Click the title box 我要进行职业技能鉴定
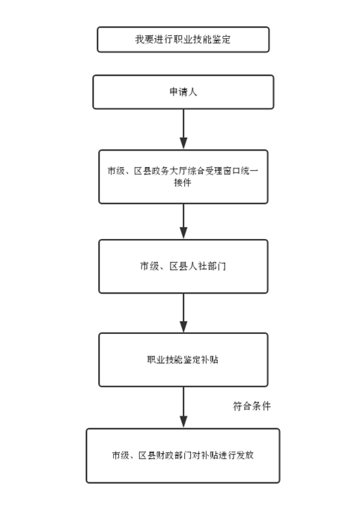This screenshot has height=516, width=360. pos(183,40)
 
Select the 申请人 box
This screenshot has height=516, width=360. pos(183,92)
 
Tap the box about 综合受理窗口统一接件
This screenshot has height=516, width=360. pos(183,177)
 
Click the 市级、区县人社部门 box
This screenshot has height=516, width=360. pos(183,266)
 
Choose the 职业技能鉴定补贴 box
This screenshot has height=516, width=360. pos(183,359)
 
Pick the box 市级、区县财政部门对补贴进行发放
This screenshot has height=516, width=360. pos(183,456)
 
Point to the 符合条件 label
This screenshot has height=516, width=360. pos(251,406)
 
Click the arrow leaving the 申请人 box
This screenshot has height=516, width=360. pos(183,129)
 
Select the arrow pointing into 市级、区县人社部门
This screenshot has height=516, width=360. pos(183,221)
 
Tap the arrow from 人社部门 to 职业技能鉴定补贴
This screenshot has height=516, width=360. pos(183,312)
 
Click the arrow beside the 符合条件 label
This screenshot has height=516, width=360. pos(183,407)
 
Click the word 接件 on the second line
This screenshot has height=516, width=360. pos(183,182)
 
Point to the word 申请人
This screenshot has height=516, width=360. pos(183,92)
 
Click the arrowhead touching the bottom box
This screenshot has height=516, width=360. pos(183,422)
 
